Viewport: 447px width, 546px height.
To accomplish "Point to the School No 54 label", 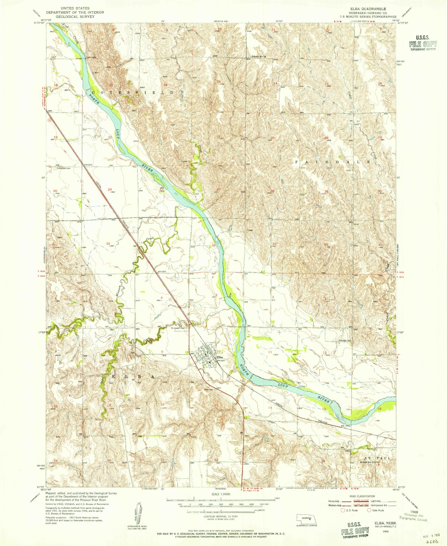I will coord(259,56).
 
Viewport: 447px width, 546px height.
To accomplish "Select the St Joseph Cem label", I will coord(178,328).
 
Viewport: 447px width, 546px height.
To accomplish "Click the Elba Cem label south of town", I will coord(209,390).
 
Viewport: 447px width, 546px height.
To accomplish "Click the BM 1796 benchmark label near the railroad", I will coord(345,426).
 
